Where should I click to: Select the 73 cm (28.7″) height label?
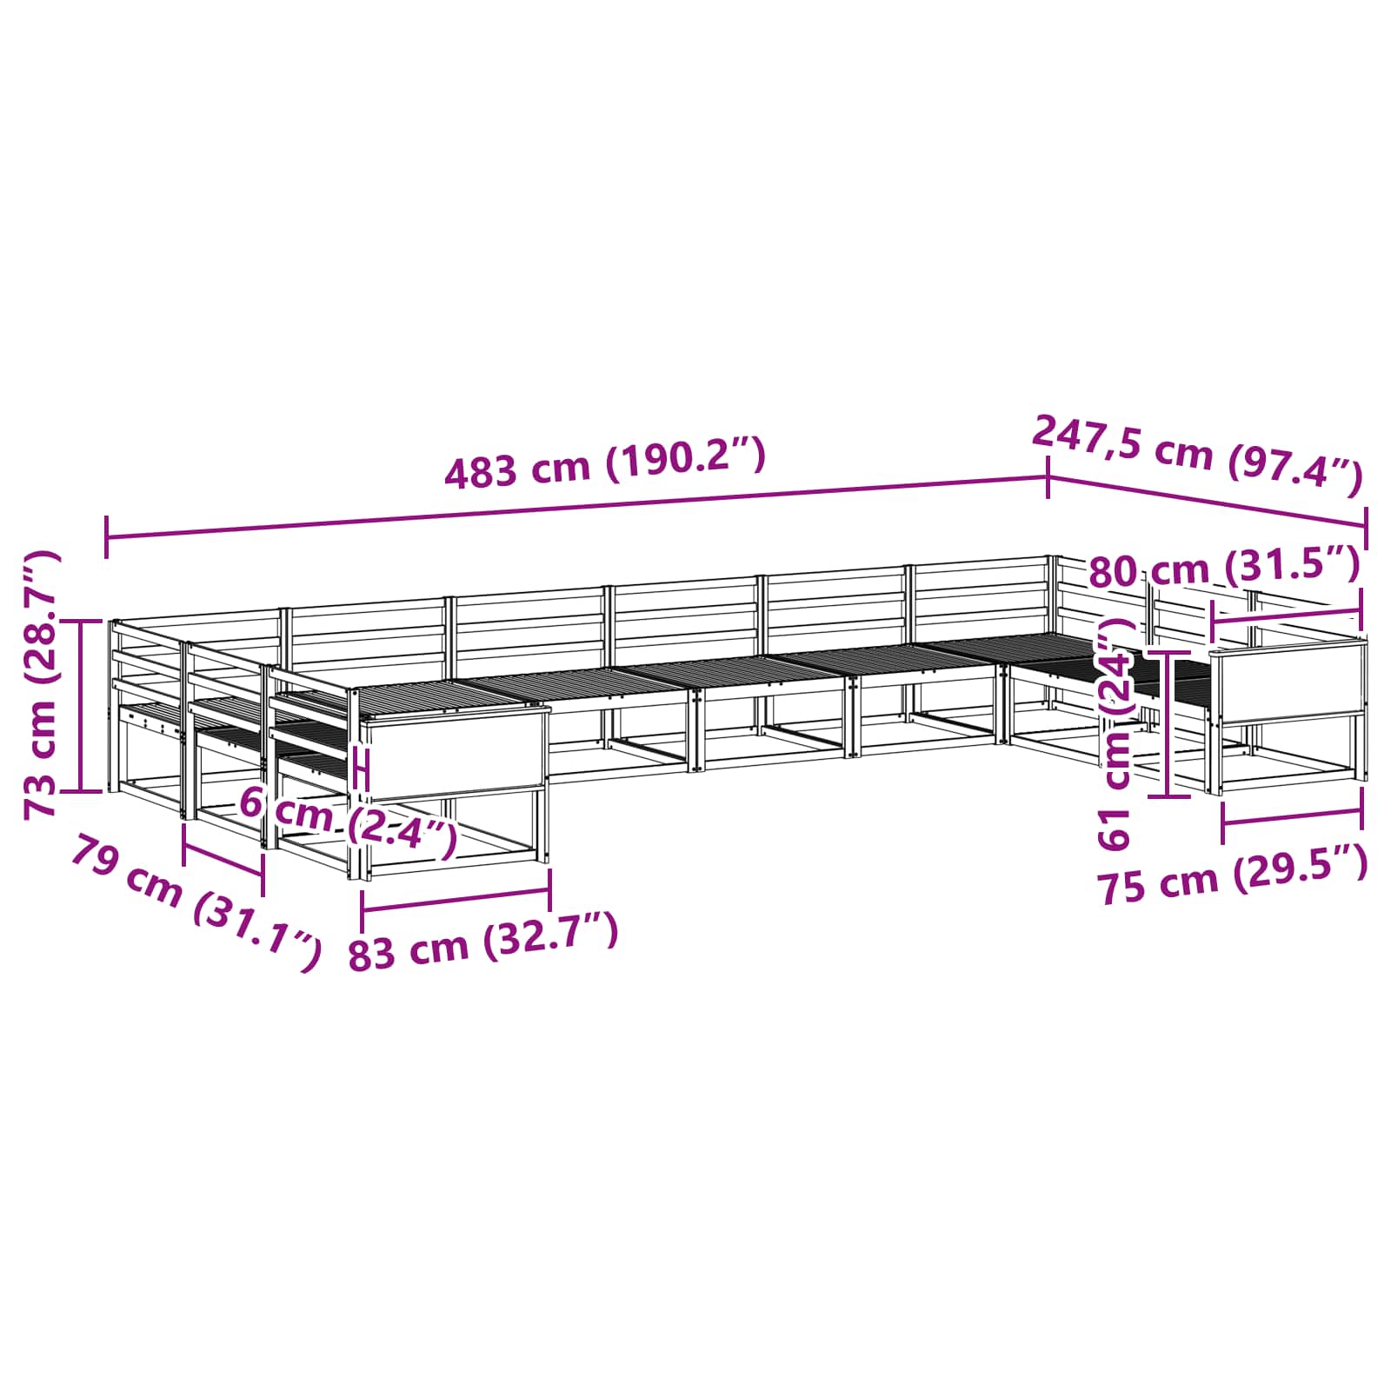click(x=42, y=684)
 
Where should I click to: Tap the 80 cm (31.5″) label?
click(x=1224, y=569)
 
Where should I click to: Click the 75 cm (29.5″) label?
click(x=1233, y=876)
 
